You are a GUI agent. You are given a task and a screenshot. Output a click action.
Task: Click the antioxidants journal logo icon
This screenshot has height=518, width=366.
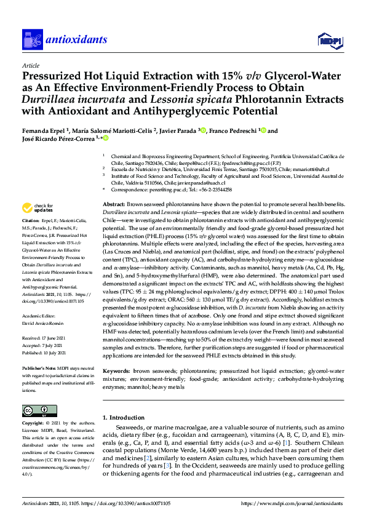31,40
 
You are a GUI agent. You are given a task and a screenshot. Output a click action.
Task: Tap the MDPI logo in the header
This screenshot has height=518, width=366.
329,41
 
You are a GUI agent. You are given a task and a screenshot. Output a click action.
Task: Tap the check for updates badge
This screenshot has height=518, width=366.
38,207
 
